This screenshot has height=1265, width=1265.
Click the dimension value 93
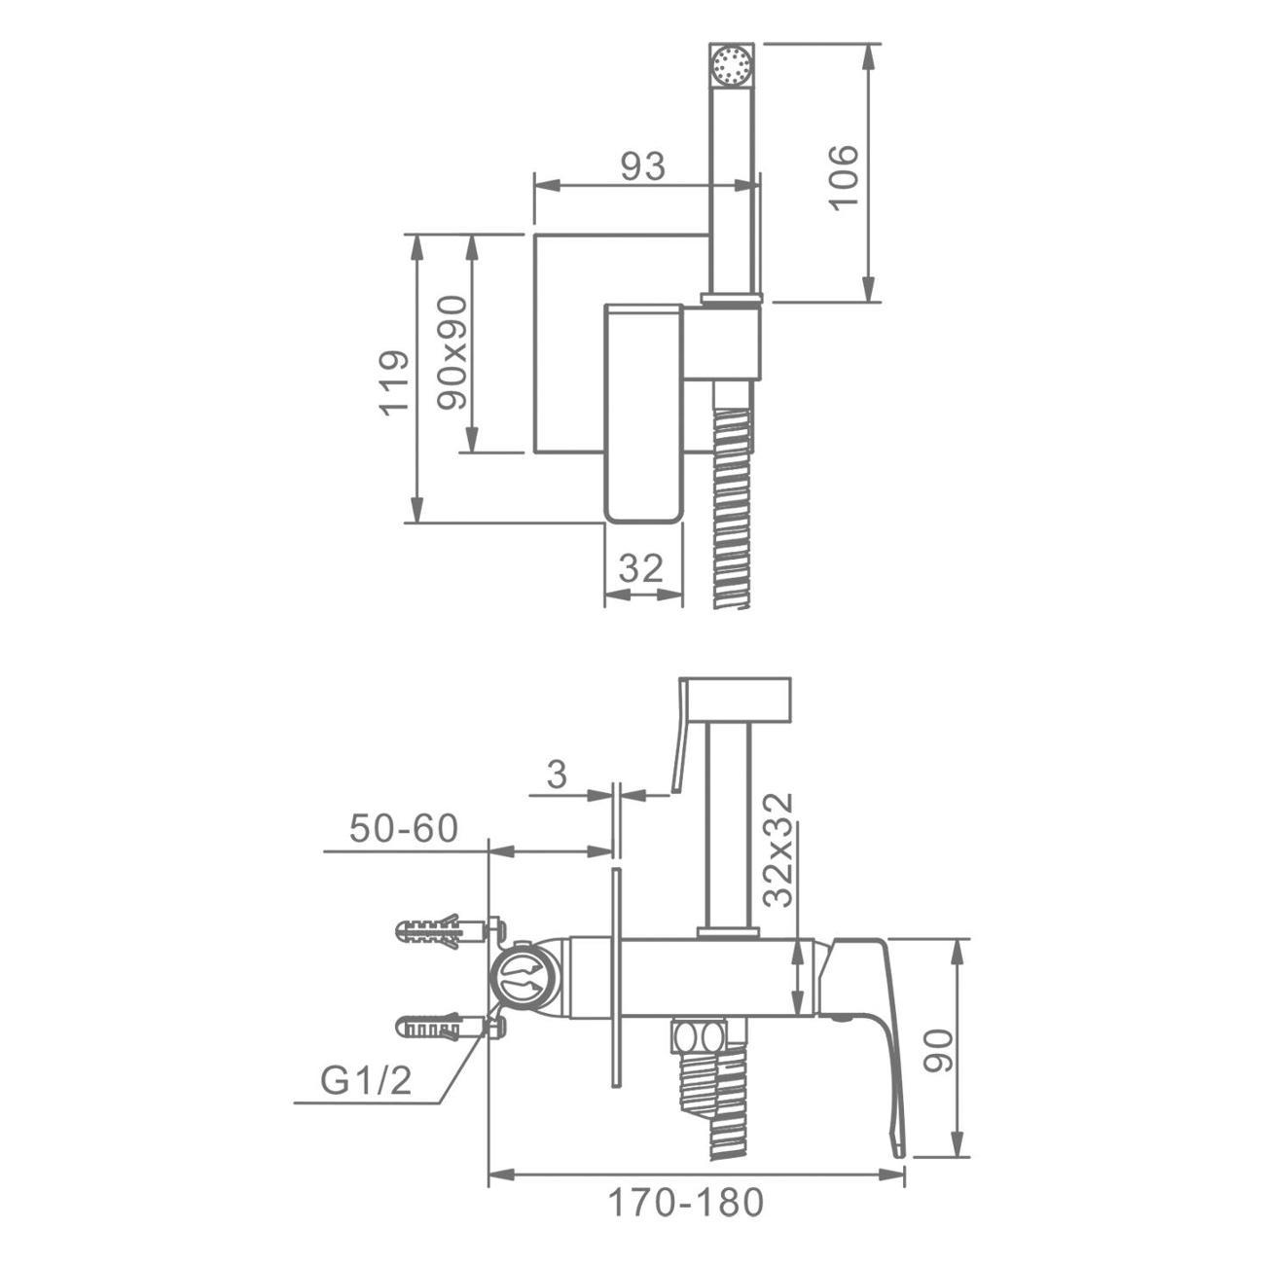642,166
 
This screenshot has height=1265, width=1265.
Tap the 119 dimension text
394,382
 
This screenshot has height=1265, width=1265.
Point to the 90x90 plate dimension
452,352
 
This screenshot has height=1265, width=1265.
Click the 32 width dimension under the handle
641,568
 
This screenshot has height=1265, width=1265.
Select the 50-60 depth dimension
403,828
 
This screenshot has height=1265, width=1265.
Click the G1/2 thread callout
366,1080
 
